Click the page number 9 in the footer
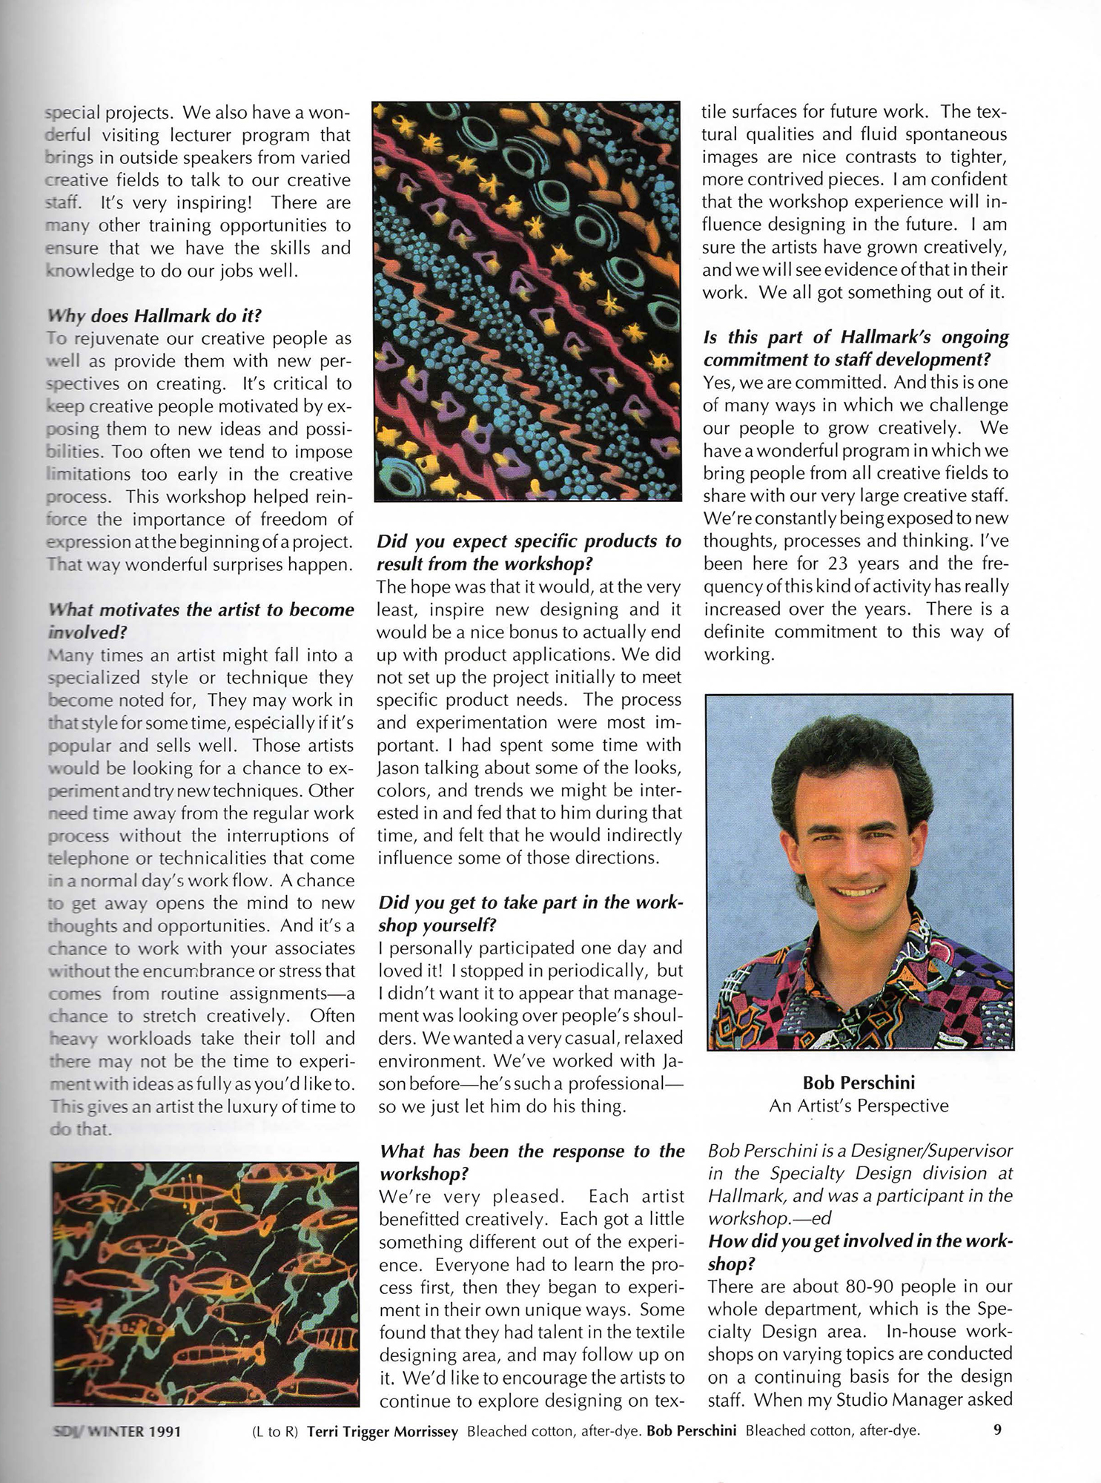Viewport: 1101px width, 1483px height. coord(997,1430)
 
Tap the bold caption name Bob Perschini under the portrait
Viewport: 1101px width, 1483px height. coord(859,1082)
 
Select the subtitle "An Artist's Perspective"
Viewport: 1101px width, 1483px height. coord(859,1106)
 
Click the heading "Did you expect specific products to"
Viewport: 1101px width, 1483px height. coord(529,541)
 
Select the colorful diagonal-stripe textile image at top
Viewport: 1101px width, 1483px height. coord(527,301)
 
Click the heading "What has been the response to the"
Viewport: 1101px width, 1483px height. coord(532,1152)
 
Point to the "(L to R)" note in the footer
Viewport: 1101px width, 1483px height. coord(275,1431)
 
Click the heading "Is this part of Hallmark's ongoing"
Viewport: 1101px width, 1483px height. coord(856,337)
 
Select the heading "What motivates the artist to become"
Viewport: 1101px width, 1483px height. coord(200,610)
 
